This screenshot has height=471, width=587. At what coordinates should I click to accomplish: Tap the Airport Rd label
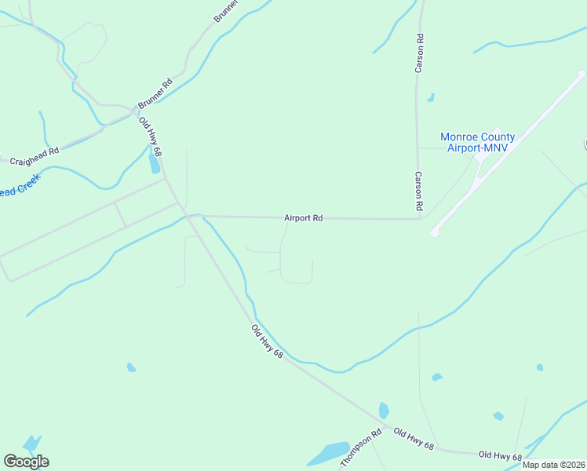(304, 218)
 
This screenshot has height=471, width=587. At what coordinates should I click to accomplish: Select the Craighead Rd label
(35, 155)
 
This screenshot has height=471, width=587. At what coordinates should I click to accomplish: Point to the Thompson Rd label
(361, 448)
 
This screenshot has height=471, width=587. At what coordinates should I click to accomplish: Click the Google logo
(26, 462)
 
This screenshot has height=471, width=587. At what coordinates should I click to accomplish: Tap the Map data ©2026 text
(554, 465)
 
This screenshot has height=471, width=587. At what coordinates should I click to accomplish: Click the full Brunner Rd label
(155, 93)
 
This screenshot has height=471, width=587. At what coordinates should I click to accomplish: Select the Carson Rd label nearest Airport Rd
(419, 191)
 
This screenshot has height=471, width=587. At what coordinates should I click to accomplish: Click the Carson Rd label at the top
(420, 54)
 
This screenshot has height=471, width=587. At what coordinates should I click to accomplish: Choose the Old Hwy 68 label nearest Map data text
(500, 455)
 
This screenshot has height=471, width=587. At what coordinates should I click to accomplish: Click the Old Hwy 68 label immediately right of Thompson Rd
(414, 439)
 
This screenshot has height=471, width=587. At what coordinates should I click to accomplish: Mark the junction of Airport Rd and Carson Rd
(420, 219)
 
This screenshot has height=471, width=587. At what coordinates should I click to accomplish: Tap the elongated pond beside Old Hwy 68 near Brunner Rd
(155, 163)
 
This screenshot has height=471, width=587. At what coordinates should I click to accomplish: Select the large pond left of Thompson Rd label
(328, 454)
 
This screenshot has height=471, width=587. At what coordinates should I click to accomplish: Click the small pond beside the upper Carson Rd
(431, 98)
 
